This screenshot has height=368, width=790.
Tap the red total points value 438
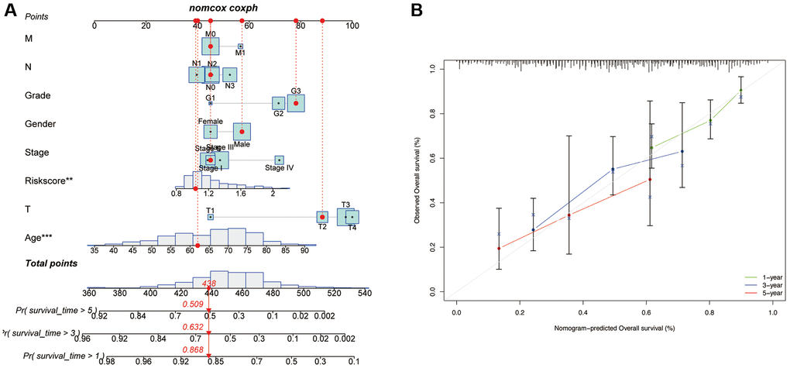point(208,284)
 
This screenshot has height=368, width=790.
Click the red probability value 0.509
point(193,304)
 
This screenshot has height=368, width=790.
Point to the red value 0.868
point(193,349)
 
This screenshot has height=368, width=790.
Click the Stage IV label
point(280,167)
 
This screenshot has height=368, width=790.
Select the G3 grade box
point(296,103)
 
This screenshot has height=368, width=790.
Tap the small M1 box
point(240,46)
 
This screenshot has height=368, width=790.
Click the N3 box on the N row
point(229,74)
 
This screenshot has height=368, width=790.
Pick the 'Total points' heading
point(51,263)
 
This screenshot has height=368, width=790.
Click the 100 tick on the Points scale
point(352,25)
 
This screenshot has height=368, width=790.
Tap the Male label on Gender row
point(242,144)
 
